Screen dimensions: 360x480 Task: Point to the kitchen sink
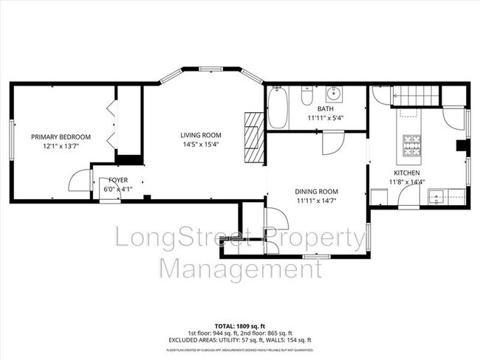tap(436, 197)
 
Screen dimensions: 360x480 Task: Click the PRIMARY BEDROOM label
tap(61, 136)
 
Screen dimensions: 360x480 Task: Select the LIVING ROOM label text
tap(201, 134)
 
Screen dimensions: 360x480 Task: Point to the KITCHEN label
tap(406, 173)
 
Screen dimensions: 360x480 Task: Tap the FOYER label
tap(118, 179)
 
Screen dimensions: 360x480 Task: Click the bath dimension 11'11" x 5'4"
tap(326, 117)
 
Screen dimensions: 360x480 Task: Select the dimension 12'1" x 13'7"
tap(61, 146)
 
